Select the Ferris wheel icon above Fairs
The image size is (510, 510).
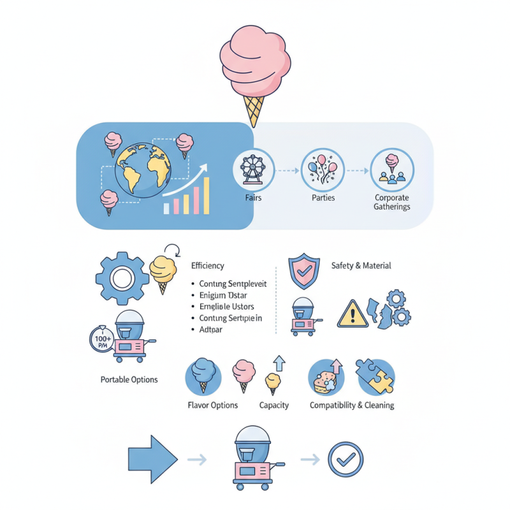(x=253, y=170)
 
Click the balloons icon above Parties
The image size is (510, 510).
(x=323, y=170)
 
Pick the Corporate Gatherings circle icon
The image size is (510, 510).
(x=392, y=170)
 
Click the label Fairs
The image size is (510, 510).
(x=253, y=198)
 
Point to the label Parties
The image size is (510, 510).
(x=323, y=198)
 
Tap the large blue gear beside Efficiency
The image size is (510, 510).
(x=122, y=278)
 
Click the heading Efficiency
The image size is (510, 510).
(x=208, y=266)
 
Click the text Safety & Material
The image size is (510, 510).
(x=361, y=266)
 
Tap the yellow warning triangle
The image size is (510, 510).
(x=352, y=313)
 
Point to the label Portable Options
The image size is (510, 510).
(x=129, y=380)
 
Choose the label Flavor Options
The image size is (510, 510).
(x=213, y=405)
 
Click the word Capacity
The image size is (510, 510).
(x=274, y=405)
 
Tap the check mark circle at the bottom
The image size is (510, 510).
(x=346, y=459)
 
